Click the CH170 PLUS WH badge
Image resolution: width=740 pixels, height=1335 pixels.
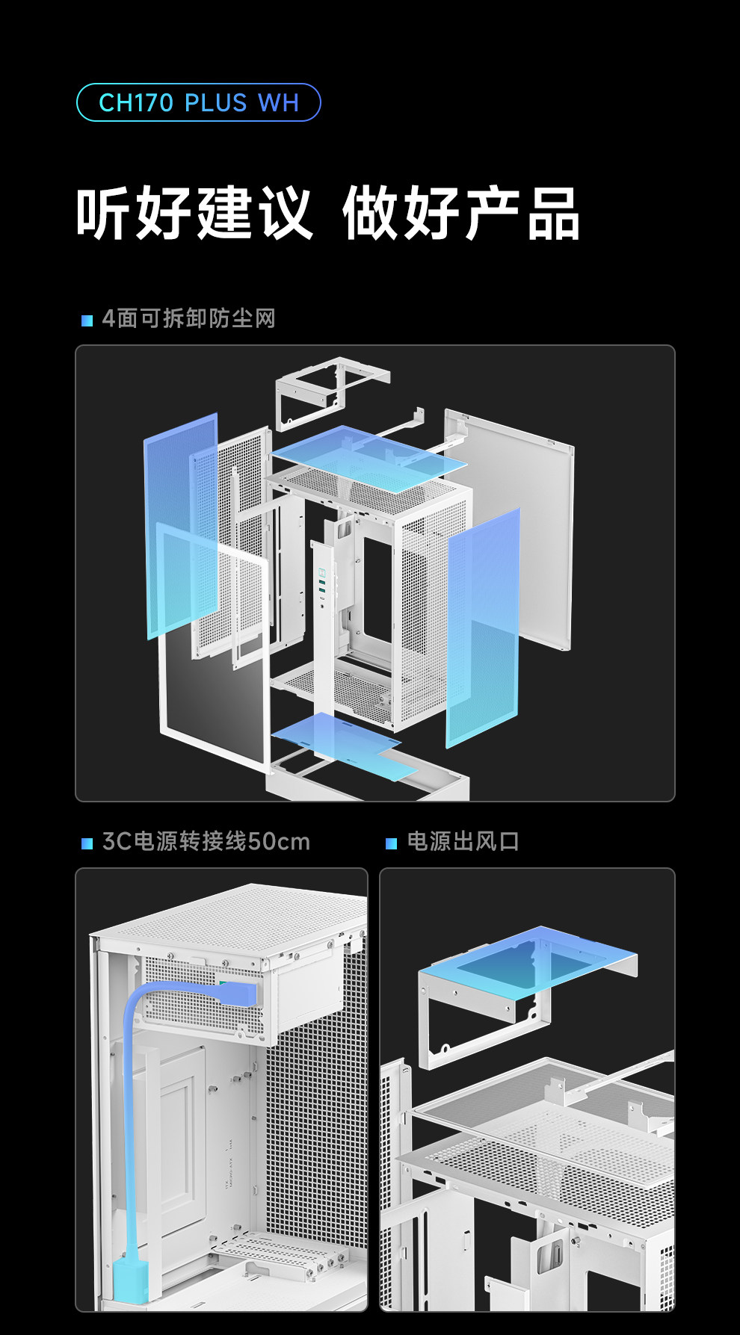(198, 102)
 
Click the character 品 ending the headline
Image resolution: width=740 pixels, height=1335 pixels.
(553, 214)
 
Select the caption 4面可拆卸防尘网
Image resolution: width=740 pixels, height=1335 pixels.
(188, 318)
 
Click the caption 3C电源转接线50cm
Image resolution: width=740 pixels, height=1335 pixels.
(206, 841)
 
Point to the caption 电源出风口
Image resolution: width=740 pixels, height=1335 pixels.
(463, 841)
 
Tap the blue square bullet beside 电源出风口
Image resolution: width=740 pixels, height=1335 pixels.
(391, 843)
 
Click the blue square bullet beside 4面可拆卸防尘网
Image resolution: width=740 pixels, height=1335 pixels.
(87, 320)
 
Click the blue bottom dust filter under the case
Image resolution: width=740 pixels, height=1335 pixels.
(344, 743)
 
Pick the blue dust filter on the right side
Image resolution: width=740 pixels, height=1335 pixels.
(483, 628)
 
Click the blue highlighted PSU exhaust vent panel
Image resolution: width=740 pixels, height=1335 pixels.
(527, 960)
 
